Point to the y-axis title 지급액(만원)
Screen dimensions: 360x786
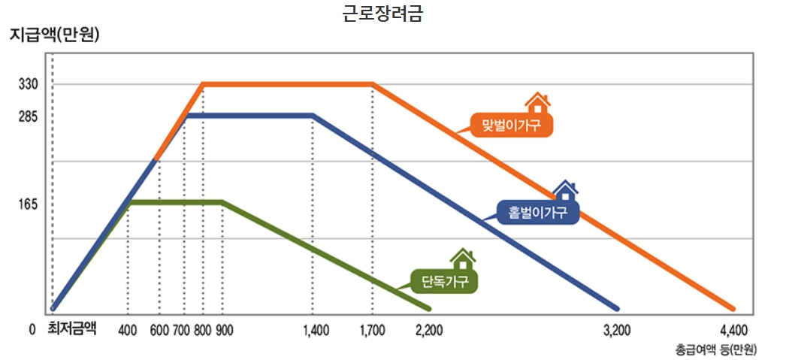[x=54, y=35]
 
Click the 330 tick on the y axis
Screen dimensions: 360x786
[x=29, y=84]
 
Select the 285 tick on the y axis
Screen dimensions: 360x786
[x=29, y=116]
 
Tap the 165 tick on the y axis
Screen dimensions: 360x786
[x=29, y=204]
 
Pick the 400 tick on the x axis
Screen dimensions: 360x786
[x=128, y=330]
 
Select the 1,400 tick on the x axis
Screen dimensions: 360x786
[x=316, y=330]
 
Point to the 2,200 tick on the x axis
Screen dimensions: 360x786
[x=429, y=330]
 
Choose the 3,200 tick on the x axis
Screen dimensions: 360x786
[x=618, y=330]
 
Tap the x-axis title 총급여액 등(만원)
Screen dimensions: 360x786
[x=715, y=349]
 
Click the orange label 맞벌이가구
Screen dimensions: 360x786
[x=512, y=125]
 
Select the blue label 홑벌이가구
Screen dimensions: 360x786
[x=537, y=212]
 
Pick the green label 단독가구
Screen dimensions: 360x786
[x=445, y=282]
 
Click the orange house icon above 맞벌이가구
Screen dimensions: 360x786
[x=537, y=103]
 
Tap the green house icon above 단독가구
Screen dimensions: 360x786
[x=463, y=259]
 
